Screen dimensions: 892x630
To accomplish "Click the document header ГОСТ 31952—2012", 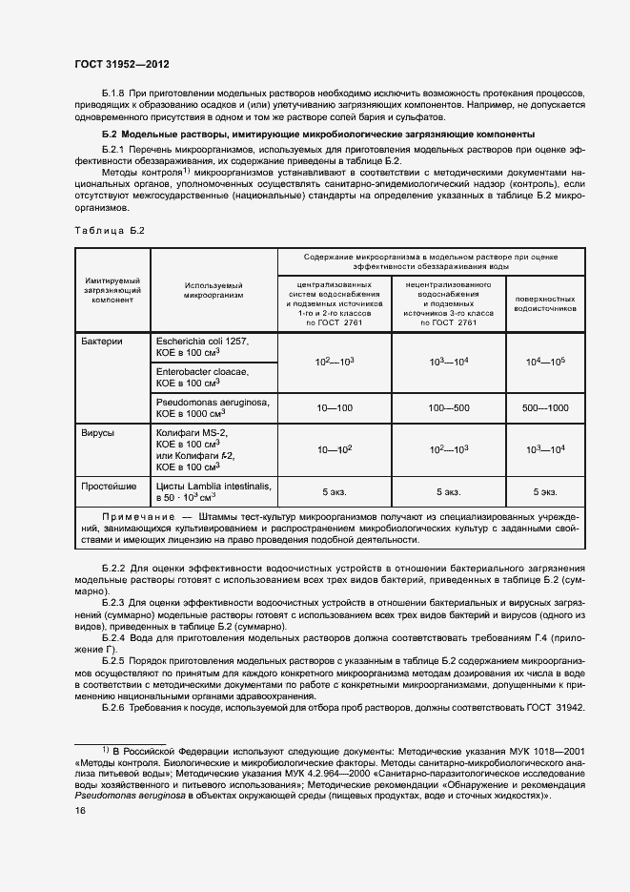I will (x=123, y=64).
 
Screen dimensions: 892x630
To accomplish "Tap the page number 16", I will (x=80, y=810).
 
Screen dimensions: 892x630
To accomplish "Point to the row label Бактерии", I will (x=103, y=341).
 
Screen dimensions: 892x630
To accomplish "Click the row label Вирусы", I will (x=99, y=432).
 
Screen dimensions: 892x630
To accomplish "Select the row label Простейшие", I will (x=109, y=487).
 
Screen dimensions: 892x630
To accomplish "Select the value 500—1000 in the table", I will (x=544, y=407).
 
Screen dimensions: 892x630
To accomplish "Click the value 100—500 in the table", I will (x=448, y=407).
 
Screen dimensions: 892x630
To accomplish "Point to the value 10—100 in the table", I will (x=334, y=407).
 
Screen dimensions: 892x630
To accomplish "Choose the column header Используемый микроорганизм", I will (x=213, y=290).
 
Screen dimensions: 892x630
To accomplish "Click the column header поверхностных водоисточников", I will (x=544, y=303).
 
